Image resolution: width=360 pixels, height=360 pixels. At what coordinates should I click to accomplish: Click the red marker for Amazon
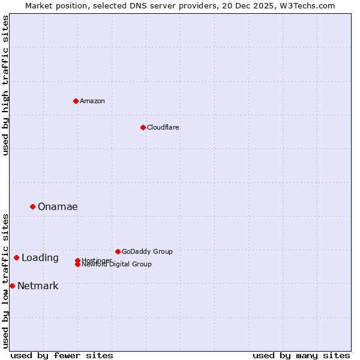76,101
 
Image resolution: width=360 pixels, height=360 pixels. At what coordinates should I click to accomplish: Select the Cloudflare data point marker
143,127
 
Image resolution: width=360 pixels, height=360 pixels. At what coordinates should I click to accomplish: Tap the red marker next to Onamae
32,206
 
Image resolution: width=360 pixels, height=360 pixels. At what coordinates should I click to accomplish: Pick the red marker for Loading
16,257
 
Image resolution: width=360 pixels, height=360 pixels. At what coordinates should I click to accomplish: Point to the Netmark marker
12,286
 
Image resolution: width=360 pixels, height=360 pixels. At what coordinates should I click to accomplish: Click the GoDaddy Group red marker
118,251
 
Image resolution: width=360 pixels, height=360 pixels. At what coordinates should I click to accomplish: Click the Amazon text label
92,101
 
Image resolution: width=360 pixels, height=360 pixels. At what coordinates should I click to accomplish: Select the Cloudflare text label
163,127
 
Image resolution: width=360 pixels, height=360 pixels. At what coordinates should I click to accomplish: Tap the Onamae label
58,207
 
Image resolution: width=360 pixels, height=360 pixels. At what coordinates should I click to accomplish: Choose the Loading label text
40,258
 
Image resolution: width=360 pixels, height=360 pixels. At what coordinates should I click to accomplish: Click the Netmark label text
38,286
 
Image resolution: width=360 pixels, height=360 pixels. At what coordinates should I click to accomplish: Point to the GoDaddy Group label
147,251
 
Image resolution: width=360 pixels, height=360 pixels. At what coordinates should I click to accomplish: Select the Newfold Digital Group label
117,265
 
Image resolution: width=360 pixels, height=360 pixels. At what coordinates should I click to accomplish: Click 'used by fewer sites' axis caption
62,355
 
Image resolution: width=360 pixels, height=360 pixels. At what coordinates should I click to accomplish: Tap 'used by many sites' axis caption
301,355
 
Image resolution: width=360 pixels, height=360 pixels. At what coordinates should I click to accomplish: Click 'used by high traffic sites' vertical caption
5,85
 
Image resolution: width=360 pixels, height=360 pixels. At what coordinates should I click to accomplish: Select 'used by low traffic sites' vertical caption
5,281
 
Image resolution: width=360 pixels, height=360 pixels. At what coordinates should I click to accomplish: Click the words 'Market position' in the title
53,5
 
